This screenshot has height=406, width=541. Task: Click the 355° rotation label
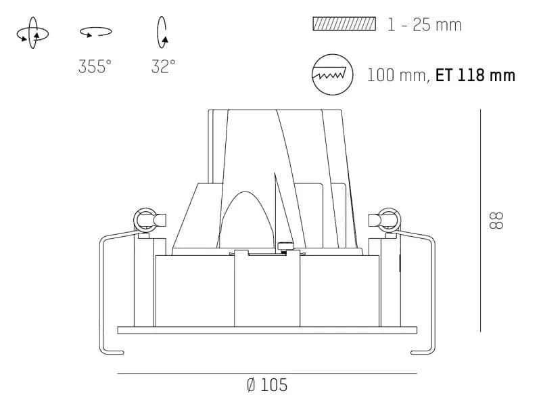click(95, 66)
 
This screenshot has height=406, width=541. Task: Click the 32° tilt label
click(163, 66)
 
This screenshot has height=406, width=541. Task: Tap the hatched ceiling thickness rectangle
click(344, 24)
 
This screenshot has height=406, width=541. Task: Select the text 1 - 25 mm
click(425, 25)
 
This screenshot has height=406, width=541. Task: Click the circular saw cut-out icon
click(333, 74)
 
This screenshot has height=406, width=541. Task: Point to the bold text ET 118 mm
click(475, 75)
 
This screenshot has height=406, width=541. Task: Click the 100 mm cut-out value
click(397, 75)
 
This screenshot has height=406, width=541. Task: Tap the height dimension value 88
click(496, 221)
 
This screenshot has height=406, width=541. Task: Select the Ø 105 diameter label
click(267, 385)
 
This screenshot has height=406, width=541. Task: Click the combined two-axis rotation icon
click(32, 32)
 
